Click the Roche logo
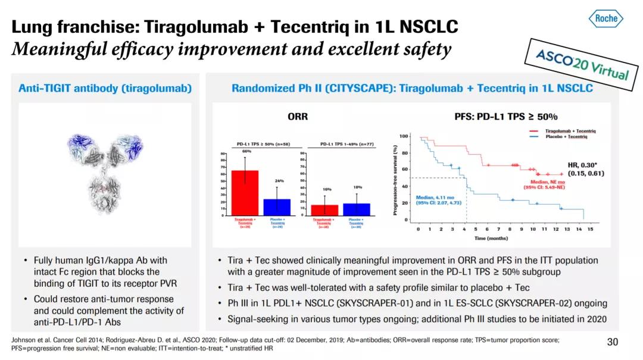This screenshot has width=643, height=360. pyautogui.click(x=606, y=18)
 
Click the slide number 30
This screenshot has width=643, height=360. pyautogui.click(x=613, y=342)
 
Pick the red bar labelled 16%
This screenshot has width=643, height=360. pyautogui.click(x=324, y=210)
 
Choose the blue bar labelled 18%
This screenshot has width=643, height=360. pyautogui.click(x=357, y=209)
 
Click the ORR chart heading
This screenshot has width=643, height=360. pyautogui.click(x=298, y=117)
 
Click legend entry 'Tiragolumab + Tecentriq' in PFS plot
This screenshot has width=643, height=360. pyautogui.click(x=572, y=131)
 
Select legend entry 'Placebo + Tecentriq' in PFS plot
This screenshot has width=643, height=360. pyautogui.click(x=569, y=136)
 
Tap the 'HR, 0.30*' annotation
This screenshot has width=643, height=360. pyautogui.click(x=586, y=165)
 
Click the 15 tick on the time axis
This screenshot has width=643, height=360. pyautogui.click(x=590, y=229)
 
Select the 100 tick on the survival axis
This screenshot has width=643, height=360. pyautogui.click(x=404, y=136)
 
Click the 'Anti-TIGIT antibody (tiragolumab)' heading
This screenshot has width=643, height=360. pyautogui.click(x=105, y=89)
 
